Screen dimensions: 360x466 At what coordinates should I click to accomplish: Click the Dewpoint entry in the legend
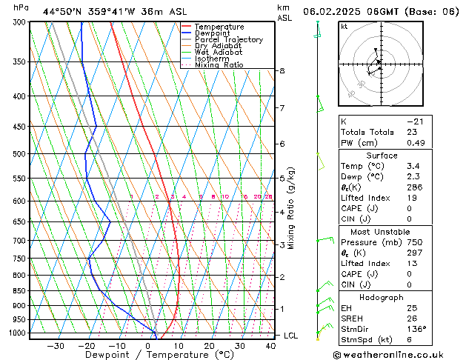pyautogui.click(x=212, y=33)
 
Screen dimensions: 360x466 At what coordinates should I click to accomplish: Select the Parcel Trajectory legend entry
pyautogui.click(x=228, y=40)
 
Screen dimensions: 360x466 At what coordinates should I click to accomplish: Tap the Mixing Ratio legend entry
pyautogui.click(x=219, y=64)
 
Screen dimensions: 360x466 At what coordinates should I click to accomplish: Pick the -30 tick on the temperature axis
pyautogui.click(x=56, y=345)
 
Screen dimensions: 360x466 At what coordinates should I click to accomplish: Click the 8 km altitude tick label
pyautogui.click(x=282, y=70)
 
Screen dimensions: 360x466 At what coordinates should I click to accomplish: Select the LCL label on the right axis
pyautogui.click(x=291, y=336)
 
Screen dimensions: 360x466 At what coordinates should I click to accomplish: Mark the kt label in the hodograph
pyautogui.click(x=344, y=27)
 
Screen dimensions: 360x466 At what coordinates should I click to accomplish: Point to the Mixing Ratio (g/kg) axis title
pyautogui.click(x=291, y=208)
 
